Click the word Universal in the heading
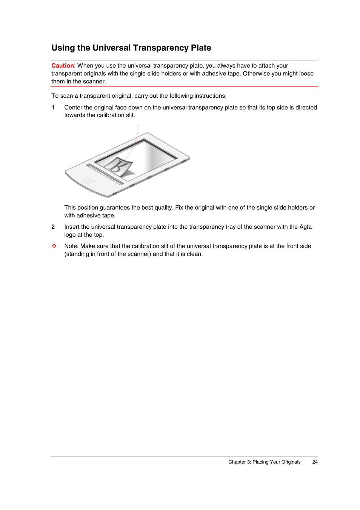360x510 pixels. coord(111,48)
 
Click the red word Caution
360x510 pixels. coord(63,66)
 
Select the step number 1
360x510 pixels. coord(53,108)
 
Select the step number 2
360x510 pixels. coord(53,227)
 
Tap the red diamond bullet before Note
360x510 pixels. coord(54,246)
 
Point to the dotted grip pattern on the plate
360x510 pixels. coord(88,181)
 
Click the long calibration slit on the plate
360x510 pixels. coord(105,174)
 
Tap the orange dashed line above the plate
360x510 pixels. coord(137,136)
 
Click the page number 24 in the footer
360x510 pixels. coord(315,462)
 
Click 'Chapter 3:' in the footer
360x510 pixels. coord(240,462)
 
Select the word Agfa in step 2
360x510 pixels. coord(305,227)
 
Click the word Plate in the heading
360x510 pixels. coord(201,48)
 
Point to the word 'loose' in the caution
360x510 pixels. coord(306,74)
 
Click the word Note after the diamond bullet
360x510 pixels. coord(71,246)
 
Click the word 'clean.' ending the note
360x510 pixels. coord(195,254)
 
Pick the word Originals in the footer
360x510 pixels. coord(291,462)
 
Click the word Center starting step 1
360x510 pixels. coord(73,108)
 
